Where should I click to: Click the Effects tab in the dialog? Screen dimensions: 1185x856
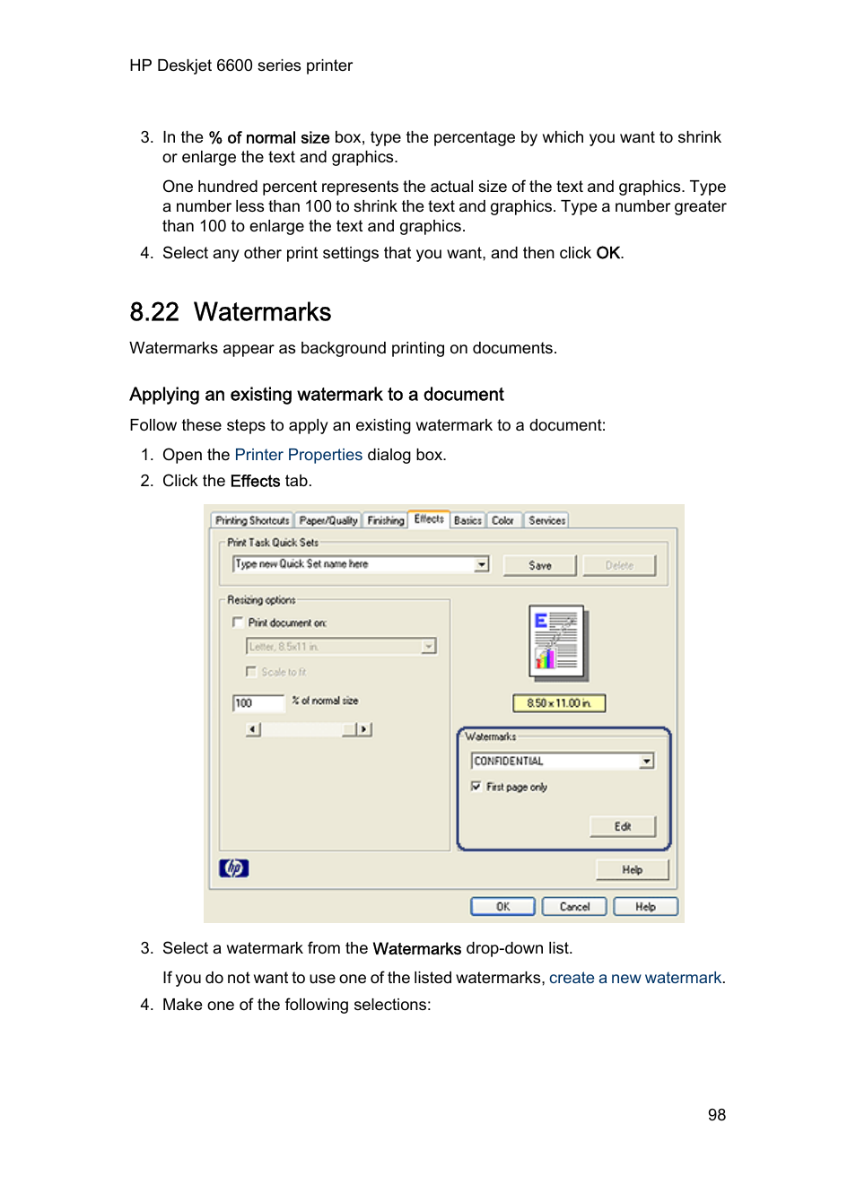click(429, 518)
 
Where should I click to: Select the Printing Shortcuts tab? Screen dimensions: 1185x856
click(252, 520)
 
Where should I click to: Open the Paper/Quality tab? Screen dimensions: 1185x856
click(328, 520)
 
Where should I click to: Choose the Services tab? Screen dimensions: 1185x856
click(546, 520)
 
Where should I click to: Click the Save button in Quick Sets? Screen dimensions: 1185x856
click(539, 565)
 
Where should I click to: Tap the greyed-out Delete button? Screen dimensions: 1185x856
click(619, 565)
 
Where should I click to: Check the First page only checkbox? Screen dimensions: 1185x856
click(476, 786)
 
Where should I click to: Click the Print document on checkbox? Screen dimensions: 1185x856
click(238, 622)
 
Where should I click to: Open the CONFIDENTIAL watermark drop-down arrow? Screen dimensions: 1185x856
click(646, 761)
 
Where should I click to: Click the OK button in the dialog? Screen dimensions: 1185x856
click(502, 906)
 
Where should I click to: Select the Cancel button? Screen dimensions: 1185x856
click(574, 906)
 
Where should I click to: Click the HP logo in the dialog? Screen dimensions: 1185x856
click(233, 867)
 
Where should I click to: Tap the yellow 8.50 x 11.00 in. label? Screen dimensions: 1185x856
click(559, 702)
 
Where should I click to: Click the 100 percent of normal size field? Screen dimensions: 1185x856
click(258, 702)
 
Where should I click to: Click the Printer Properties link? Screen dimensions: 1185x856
click(298, 455)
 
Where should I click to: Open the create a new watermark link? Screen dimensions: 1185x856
click(635, 978)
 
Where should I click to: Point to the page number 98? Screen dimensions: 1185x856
click(716, 1114)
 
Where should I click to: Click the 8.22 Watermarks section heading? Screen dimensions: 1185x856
click(231, 312)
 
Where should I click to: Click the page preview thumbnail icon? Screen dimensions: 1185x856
click(557, 640)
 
